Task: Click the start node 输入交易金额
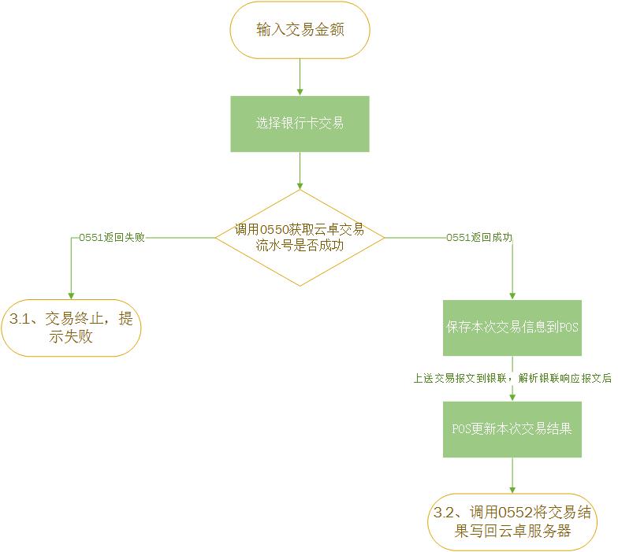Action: click(x=300, y=30)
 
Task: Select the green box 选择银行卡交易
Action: click(x=300, y=124)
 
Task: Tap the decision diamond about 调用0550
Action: click(x=300, y=238)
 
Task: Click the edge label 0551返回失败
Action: click(x=112, y=237)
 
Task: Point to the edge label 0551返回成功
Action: click(x=479, y=237)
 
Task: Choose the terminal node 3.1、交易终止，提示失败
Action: click(x=71, y=328)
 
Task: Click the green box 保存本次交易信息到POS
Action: click(x=512, y=328)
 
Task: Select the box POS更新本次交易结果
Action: click(x=512, y=429)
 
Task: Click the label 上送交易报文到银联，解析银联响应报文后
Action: click(x=512, y=378)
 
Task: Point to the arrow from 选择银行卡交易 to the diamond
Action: click(x=300, y=170)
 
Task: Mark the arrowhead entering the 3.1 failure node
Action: click(x=71, y=295)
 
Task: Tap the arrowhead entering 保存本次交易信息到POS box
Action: click(x=512, y=295)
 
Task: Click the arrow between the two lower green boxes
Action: click(x=512, y=391)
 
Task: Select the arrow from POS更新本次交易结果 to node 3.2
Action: click(x=512, y=476)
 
